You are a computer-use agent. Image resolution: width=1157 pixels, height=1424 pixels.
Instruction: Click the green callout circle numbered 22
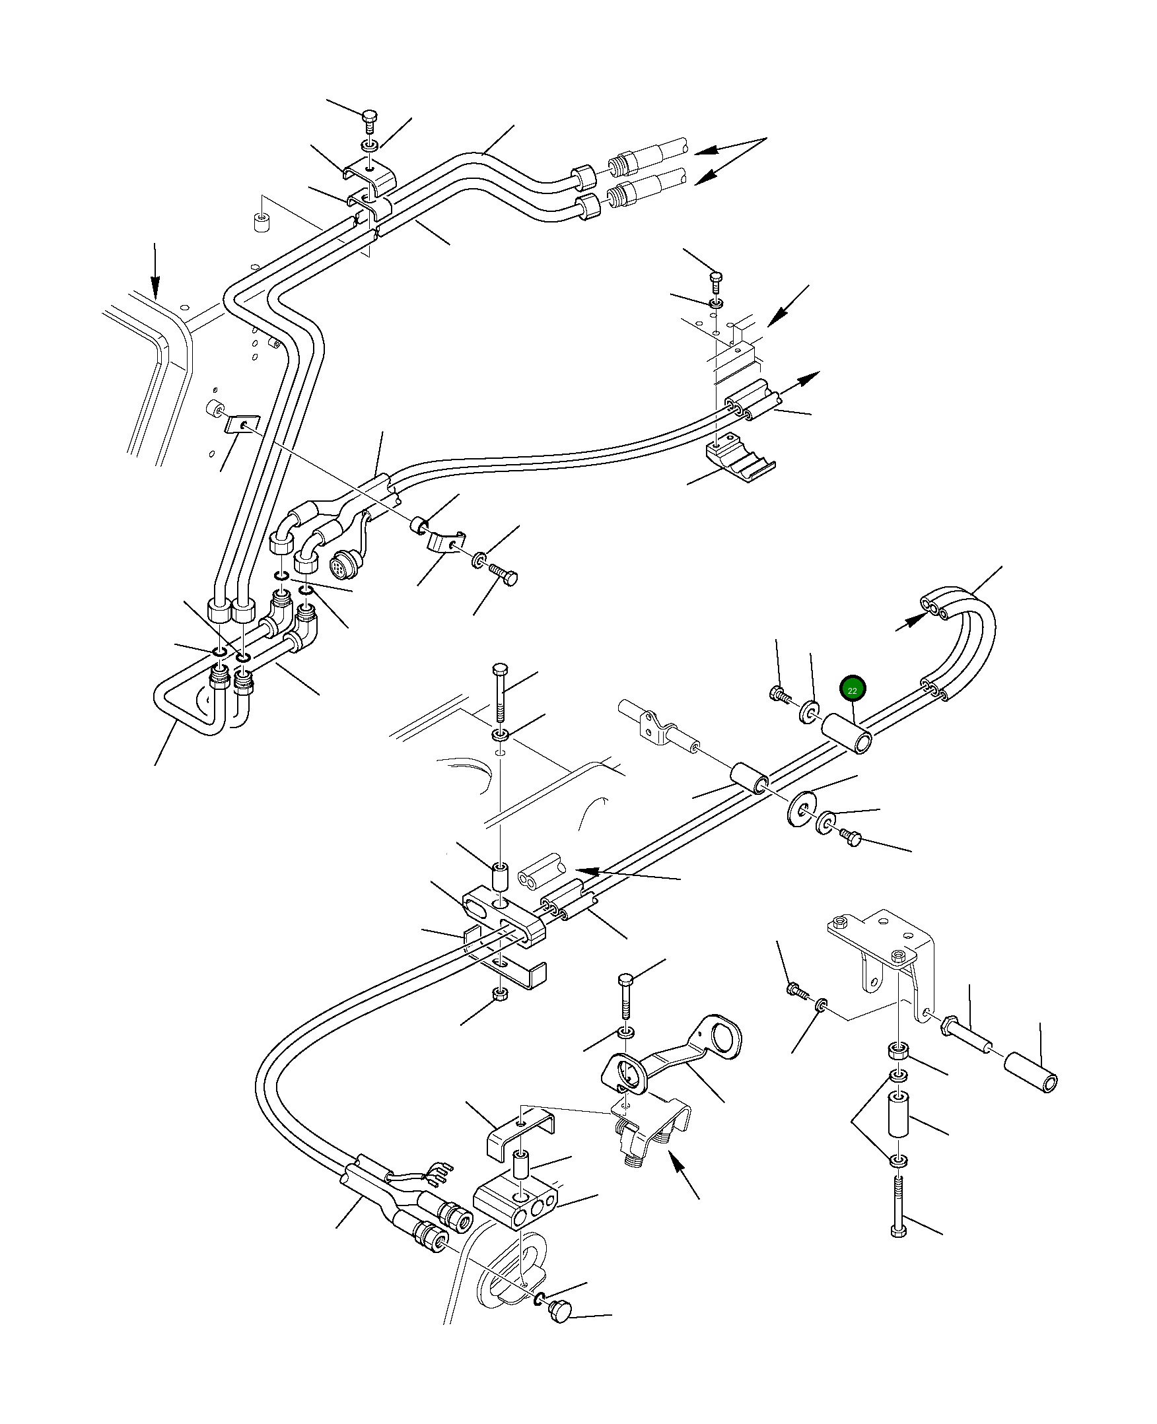(852, 691)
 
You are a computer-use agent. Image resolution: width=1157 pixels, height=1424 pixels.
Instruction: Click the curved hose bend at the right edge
(960, 640)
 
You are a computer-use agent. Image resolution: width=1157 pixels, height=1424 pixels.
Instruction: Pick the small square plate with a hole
(240, 424)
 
